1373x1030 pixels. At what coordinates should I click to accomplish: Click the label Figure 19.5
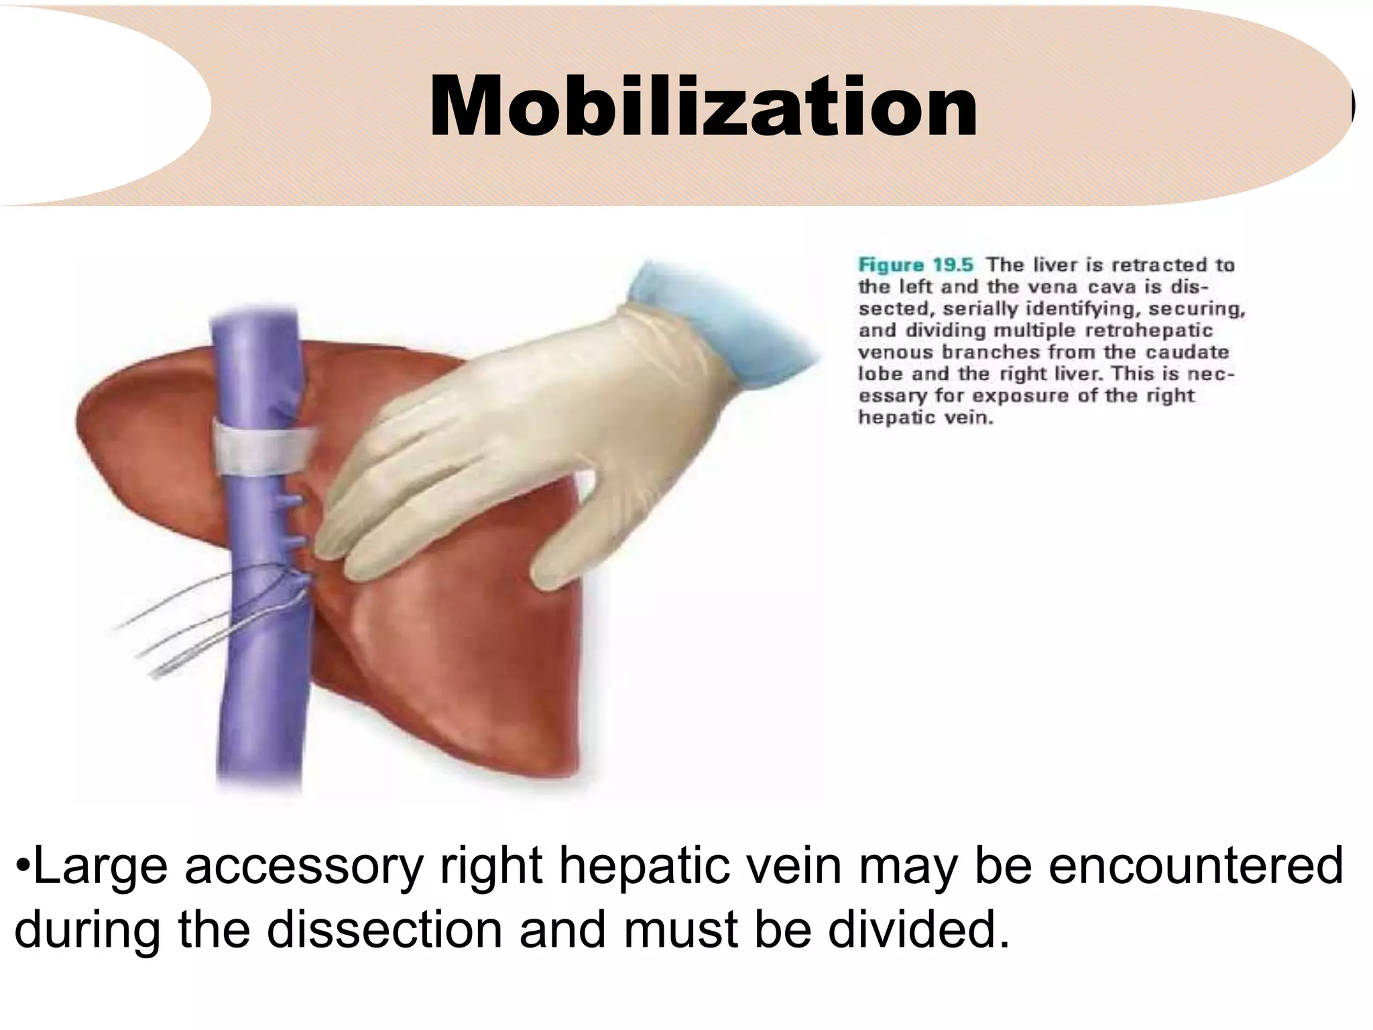915,265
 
